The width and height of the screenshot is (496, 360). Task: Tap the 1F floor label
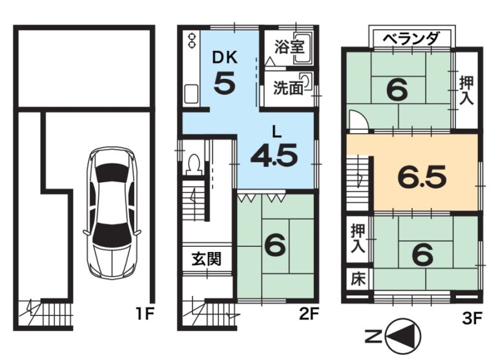click(x=145, y=314)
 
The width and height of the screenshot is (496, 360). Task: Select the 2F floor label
click(x=309, y=314)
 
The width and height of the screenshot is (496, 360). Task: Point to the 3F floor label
click(x=471, y=318)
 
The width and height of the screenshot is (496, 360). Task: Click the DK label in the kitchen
click(x=225, y=58)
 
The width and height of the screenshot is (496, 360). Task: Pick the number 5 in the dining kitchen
click(x=225, y=83)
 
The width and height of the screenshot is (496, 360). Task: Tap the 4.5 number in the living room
click(x=274, y=155)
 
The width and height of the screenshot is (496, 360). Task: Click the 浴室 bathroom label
click(x=289, y=47)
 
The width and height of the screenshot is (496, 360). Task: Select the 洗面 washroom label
click(x=288, y=88)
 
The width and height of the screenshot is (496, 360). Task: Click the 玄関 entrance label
click(x=207, y=259)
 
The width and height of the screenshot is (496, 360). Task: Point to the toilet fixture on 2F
click(x=194, y=164)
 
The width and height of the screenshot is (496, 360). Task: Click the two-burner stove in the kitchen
click(x=192, y=41)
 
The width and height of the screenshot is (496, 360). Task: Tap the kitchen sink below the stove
click(x=191, y=94)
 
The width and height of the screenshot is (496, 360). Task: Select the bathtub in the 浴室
click(x=303, y=48)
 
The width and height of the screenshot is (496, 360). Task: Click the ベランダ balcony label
click(x=411, y=39)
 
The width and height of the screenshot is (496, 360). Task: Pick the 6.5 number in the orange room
click(x=422, y=176)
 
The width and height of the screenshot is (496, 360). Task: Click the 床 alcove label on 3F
click(x=358, y=279)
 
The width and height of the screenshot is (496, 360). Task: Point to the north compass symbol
click(x=404, y=335)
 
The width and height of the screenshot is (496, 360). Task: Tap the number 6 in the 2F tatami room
click(x=275, y=246)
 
